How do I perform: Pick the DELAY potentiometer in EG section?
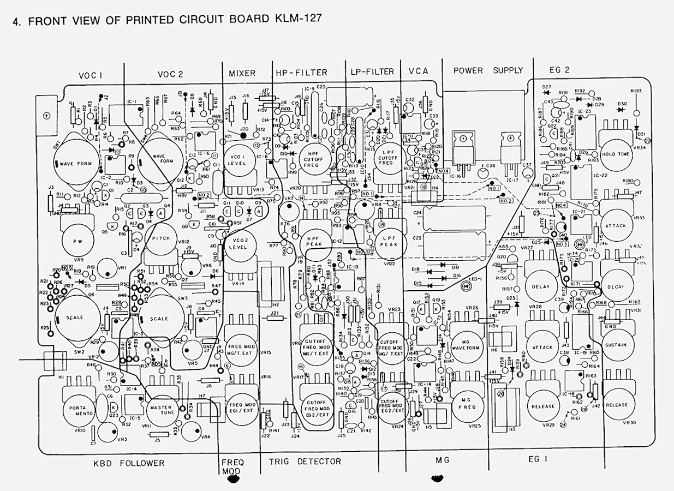[x=541, y=286]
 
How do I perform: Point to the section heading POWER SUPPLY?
[x=487, y=70]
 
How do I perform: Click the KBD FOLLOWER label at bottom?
[x=129, y=463]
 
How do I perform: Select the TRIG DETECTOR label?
[x=305, y=462]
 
